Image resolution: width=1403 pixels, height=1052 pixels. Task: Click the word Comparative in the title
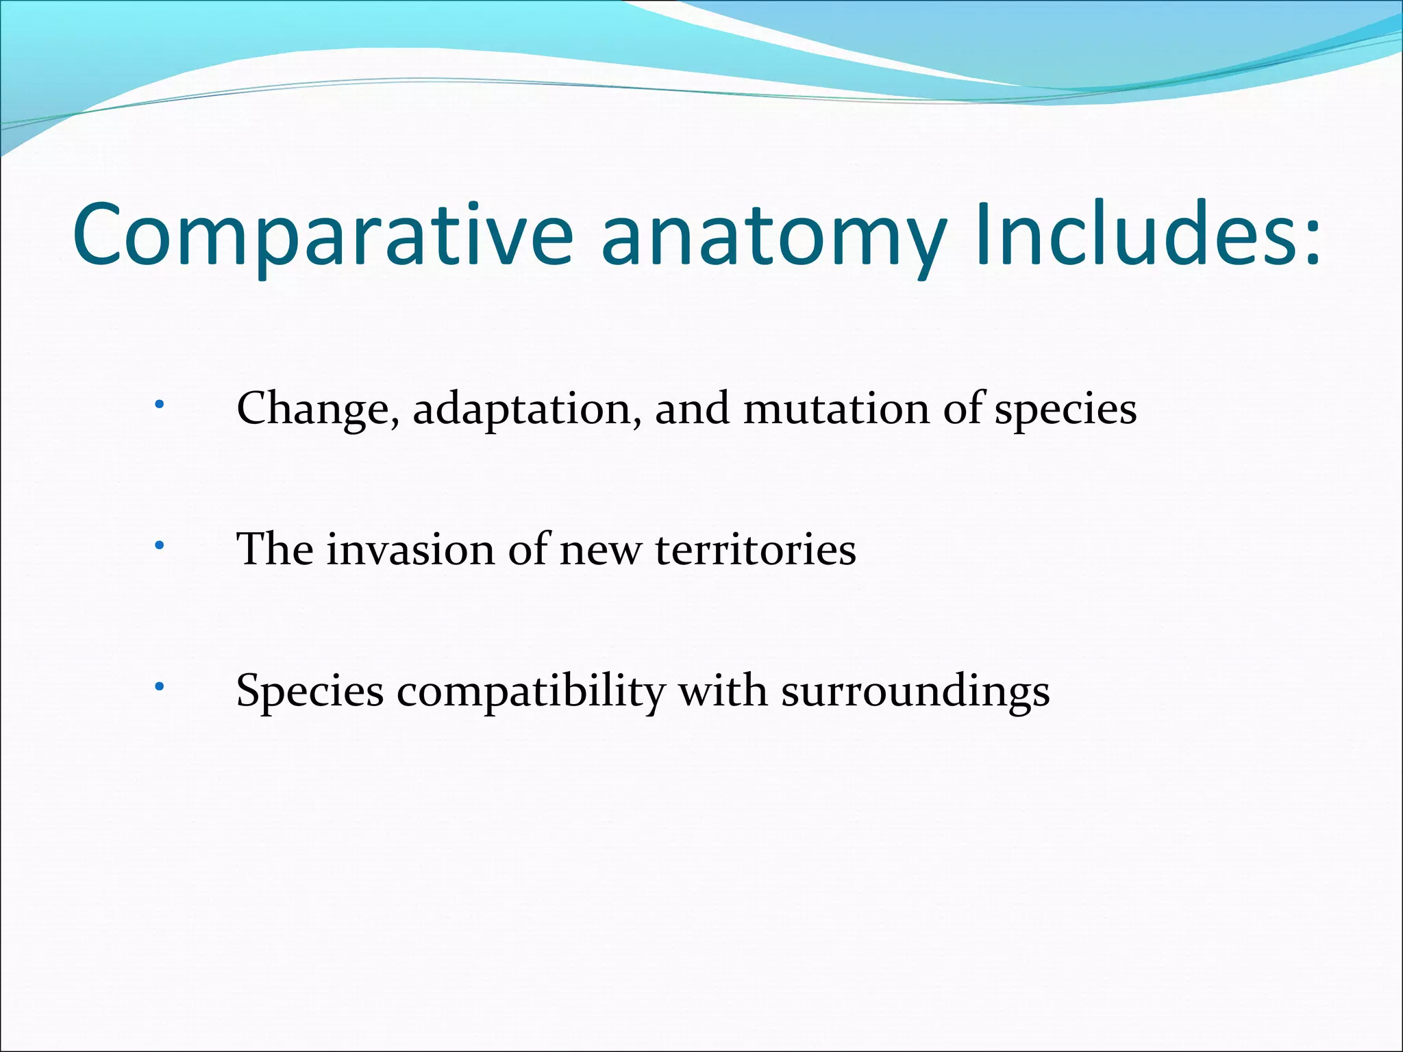[322, 234]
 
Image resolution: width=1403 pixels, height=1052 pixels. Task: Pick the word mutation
[836, 409]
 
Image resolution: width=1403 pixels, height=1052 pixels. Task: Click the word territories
[755, 549]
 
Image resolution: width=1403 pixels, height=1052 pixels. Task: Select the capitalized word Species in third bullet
[310, 692]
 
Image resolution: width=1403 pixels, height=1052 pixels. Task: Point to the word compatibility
[531, 692]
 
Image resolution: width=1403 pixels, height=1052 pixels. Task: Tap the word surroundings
[915, 692]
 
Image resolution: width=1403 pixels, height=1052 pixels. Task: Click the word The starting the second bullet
[275, 549]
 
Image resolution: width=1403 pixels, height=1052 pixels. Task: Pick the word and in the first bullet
[692, 409]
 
